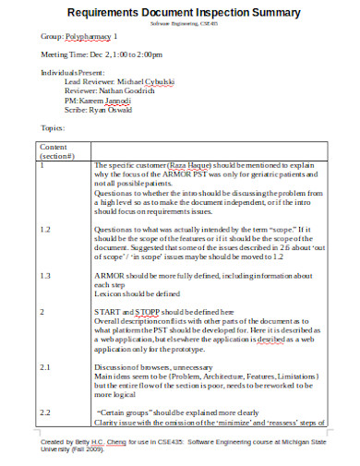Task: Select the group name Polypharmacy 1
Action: [x=91, y=36]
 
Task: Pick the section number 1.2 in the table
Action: [x=46, y=228]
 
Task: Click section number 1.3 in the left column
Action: [x=46, y=276]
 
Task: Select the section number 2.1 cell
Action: [x=46, y=366]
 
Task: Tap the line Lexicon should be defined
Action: [x=139, y=293]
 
